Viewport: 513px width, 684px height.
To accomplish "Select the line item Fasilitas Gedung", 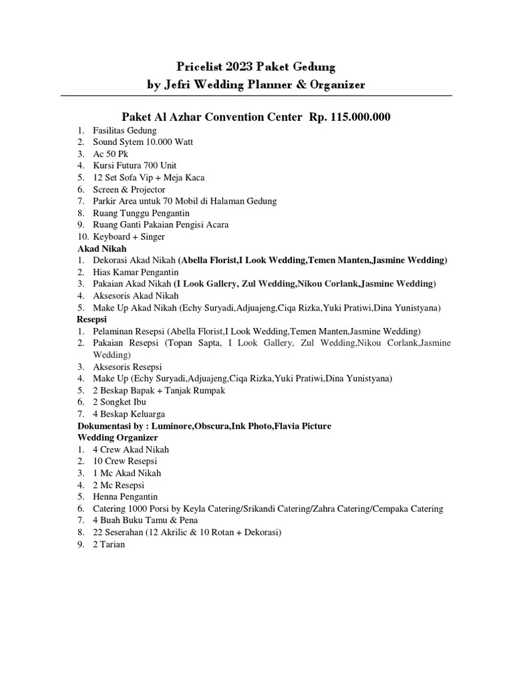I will pos(125,130).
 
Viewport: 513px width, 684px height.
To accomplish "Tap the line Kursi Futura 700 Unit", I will pos(135,166).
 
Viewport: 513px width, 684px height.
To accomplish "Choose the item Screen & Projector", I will pos(129,190).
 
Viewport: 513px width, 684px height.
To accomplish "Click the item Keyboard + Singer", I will pos(129,236).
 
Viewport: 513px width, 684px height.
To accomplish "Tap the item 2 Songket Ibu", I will pos(120,402).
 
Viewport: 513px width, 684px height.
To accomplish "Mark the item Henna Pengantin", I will pos(126,497).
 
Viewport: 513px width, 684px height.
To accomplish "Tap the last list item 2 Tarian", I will pos(109,544).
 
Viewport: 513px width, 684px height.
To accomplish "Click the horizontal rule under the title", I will pos(256,96).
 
